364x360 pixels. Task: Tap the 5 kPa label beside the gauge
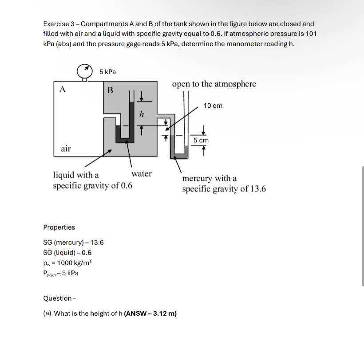[107, 71]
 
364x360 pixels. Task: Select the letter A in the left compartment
[63, 89]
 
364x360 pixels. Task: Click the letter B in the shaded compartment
[110, 90]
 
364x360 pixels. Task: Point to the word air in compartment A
[66, 149]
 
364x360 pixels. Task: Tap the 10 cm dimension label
[213, 106]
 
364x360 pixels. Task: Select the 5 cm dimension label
[201, 140]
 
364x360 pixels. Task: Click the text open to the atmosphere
[214, 84]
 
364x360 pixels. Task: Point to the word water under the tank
[142, 174]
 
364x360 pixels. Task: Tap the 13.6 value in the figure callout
[258, 189]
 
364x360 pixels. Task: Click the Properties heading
[59, 227]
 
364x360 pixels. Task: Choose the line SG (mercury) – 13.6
[73, 242]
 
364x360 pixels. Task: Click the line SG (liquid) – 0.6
[67, 253]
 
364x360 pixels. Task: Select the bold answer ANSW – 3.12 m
[150, 313]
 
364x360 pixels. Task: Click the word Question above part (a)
[57, 298]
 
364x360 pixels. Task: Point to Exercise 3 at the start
[60, 23]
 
